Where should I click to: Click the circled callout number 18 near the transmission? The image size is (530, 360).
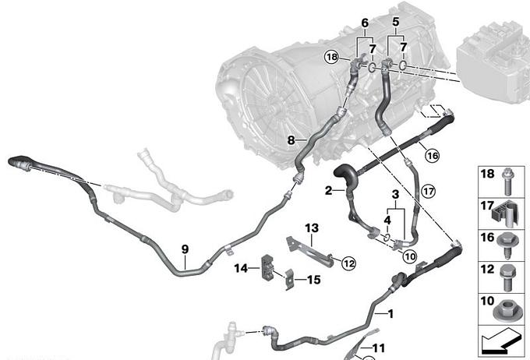[x=331, y=57]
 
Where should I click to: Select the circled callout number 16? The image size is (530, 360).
[x=433, y=156]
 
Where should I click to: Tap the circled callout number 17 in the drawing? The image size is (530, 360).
[x=428, y=192]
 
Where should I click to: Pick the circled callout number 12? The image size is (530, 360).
[x=349, y=263]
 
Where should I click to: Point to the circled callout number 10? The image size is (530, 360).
[x=410, y=256]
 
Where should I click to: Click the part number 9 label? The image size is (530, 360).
[x=185, y=249]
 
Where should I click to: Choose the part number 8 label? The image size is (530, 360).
[x=291, y=139]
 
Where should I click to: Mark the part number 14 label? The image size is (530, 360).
[x=241, y=268]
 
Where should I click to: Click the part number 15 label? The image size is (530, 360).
[x=313, y=280]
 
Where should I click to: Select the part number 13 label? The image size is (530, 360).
[x=312, y=228]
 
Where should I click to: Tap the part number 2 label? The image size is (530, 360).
[x=329, y=191]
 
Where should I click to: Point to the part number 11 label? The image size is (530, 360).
[x=379, y=348]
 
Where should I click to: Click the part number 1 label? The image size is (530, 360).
[x=390, y=314]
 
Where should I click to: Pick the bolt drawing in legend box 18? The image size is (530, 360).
[x=507, y=182]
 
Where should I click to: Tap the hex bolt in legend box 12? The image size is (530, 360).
[x=507, y=277]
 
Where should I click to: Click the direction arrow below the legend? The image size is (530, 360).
[x=500, y=342]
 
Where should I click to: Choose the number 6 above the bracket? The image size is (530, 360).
[x=365, y=23]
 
